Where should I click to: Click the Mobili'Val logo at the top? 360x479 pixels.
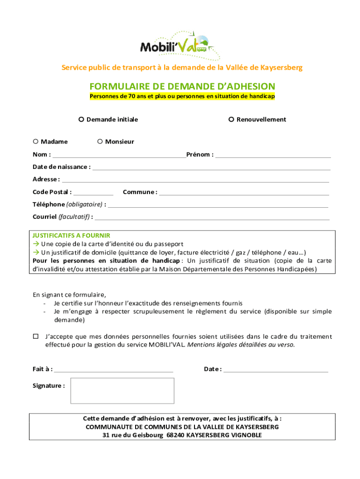point(180,45)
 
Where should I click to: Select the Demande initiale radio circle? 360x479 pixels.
point(81,119)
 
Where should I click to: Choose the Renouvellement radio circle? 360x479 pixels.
point(231,119)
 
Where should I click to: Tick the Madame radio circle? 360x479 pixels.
point(36,142)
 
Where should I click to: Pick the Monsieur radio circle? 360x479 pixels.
point(100,142)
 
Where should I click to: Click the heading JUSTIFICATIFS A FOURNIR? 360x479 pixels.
point(71,236)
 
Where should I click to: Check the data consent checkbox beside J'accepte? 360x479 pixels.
point(36,336)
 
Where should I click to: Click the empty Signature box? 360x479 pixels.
point(122,391)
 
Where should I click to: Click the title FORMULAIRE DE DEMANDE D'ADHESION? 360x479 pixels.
point(182,87)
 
